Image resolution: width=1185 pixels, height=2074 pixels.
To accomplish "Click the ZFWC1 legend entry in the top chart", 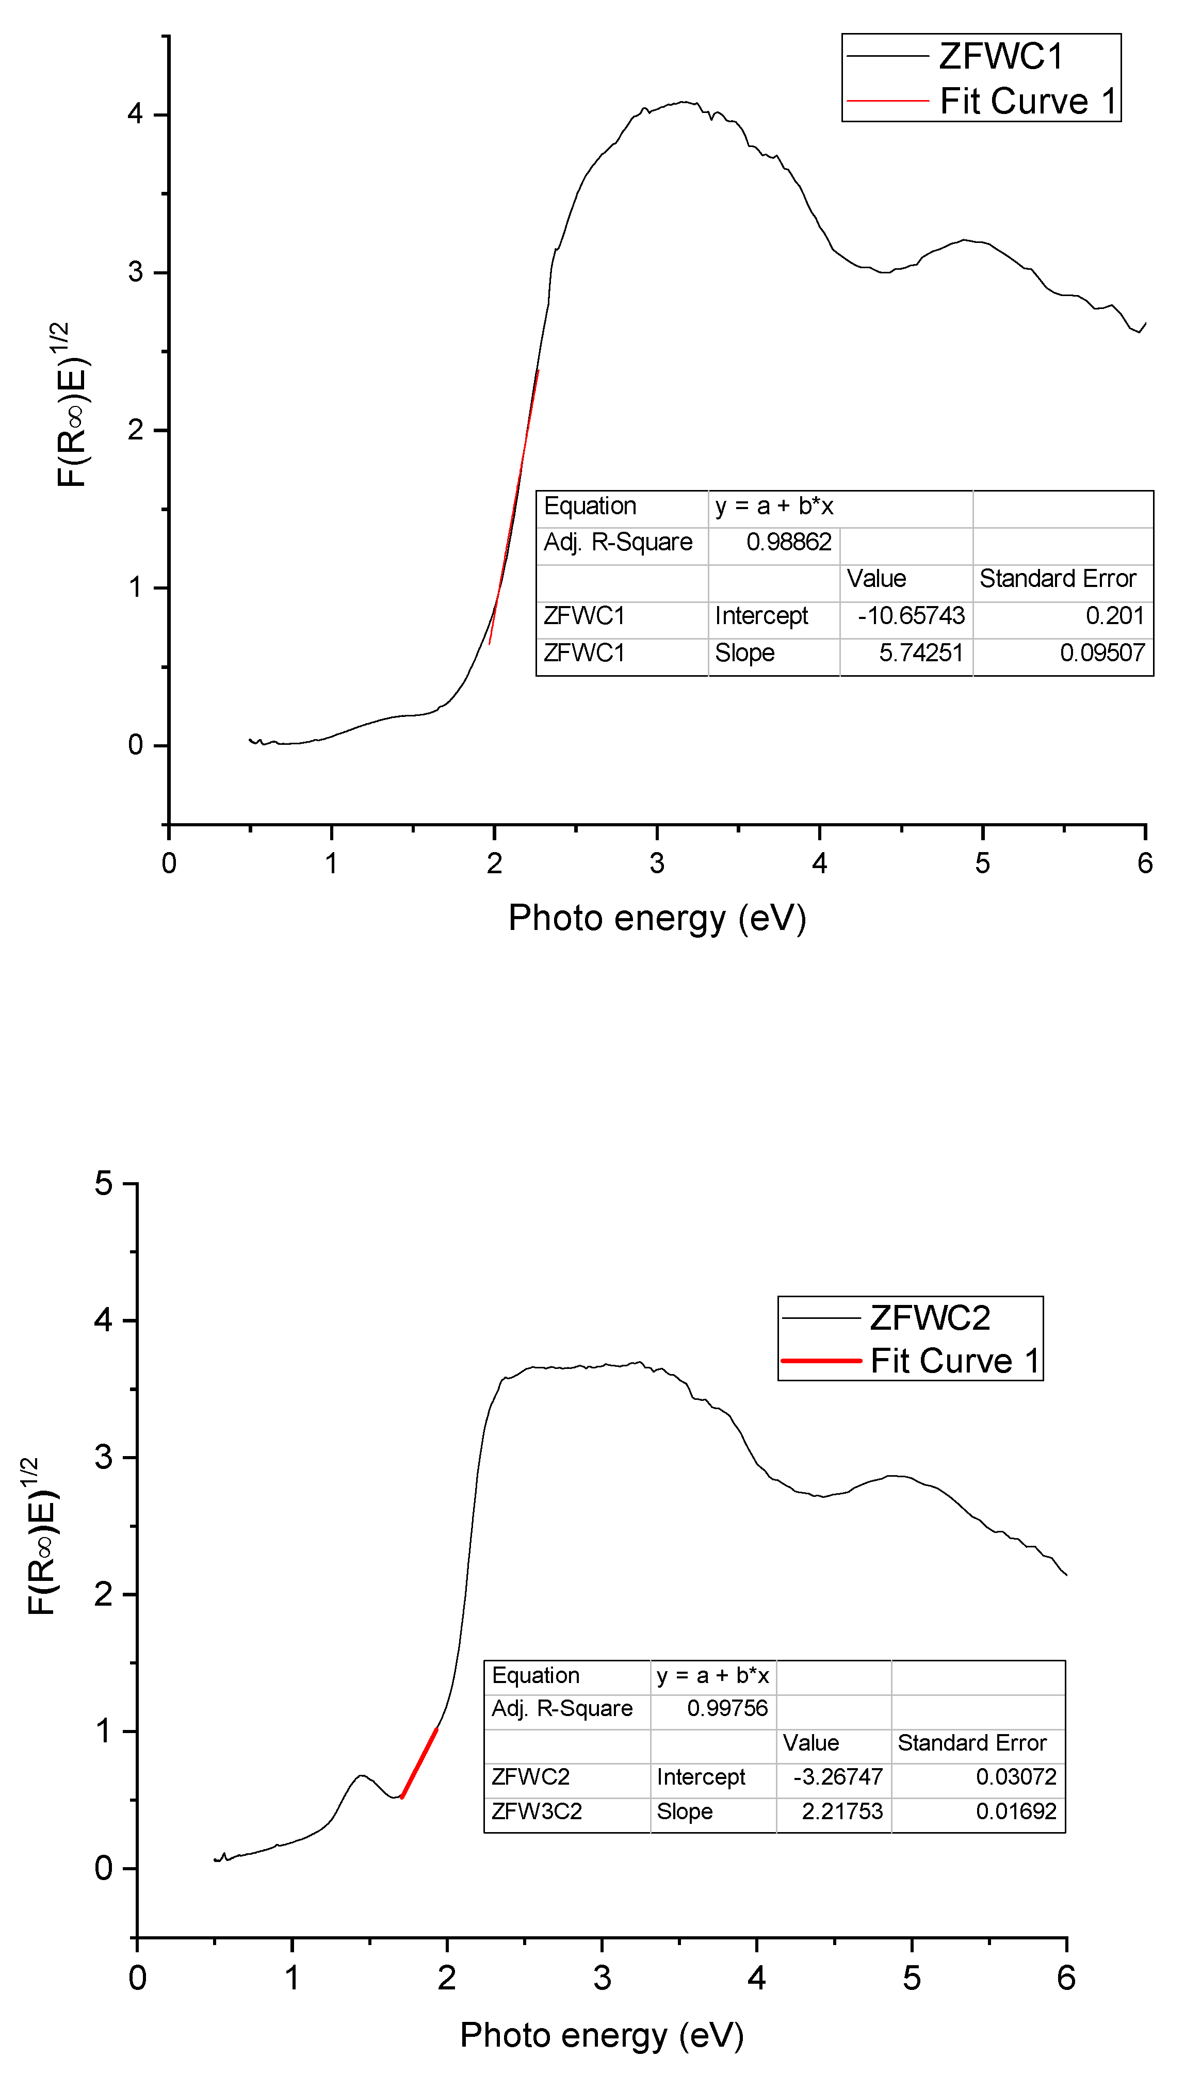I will [1000, 56].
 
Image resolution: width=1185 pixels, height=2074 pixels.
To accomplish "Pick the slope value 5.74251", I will [920, 652].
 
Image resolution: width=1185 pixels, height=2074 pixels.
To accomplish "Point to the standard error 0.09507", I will [1101, 652].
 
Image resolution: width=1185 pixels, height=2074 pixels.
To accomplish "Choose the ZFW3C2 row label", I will [537, 1811].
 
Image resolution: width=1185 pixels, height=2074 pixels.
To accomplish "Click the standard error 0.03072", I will [1016, 1777].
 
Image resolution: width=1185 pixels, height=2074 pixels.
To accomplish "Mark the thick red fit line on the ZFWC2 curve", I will [419, 1763].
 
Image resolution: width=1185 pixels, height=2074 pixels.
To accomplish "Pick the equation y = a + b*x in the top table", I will [774, 506].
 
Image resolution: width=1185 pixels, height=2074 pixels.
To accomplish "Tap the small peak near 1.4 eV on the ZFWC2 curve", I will [361, 1775].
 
